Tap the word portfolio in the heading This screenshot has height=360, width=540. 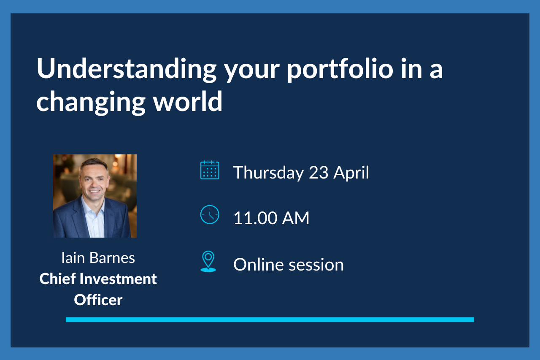coord(340,70)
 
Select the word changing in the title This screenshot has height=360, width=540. coord(91,102)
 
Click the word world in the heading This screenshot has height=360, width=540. coord(188,101)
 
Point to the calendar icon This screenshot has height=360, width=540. coord(210,170)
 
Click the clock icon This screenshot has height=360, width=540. coord(210,214)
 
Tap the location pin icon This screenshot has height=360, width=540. coord(208,261)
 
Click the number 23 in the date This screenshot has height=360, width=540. coord(319,173)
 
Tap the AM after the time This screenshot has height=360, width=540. coord(296,218)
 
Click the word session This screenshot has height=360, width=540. coord(316,265)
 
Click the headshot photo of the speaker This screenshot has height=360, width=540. coord(95,196)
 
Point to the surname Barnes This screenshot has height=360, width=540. coord(112,258)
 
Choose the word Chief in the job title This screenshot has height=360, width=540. coord(58,279)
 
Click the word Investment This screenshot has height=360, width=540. coord(119,279)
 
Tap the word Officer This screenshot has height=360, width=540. coord(98,300)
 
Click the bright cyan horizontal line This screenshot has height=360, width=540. coord(270,320)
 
